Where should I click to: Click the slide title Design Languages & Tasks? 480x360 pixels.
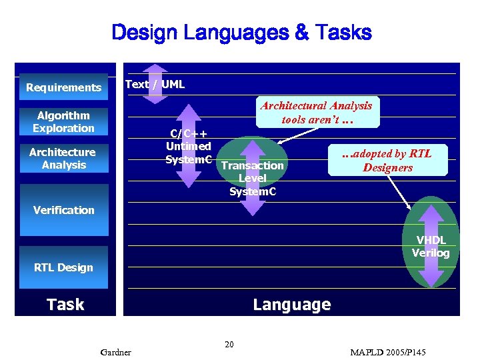241,32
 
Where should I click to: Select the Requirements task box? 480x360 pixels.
63,87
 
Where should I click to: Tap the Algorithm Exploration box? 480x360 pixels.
63,122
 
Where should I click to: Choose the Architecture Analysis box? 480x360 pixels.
63,159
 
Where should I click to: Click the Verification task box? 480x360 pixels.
63,210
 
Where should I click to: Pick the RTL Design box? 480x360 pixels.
63,267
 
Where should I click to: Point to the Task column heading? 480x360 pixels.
65,305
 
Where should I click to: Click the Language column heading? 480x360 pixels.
291,305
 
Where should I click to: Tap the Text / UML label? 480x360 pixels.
155,84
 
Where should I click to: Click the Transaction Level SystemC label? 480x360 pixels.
252,178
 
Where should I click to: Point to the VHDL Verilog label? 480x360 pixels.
431,247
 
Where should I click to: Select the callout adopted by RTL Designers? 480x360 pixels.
387,161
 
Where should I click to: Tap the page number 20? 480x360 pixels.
229,345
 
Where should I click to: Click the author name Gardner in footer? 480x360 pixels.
115,351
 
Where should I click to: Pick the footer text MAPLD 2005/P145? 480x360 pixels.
387,351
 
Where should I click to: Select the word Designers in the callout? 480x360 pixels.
387,168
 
